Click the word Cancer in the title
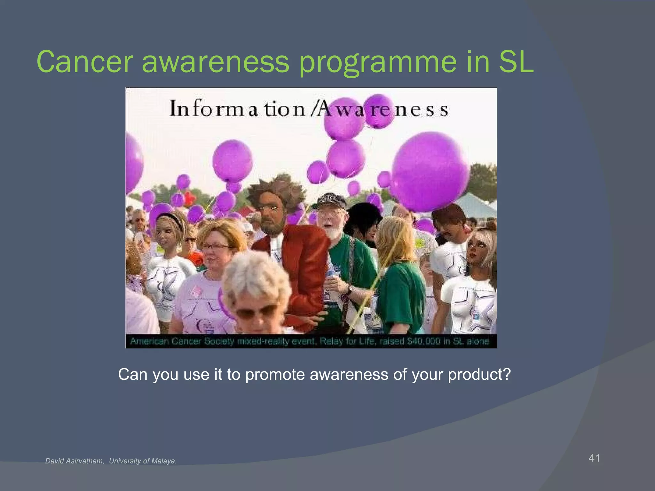point(85,61)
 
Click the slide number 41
point(594,458)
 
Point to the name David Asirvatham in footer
point(75,461)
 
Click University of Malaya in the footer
point(143,461)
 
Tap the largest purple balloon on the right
point(430,173)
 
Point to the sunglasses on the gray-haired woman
point(256,312)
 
